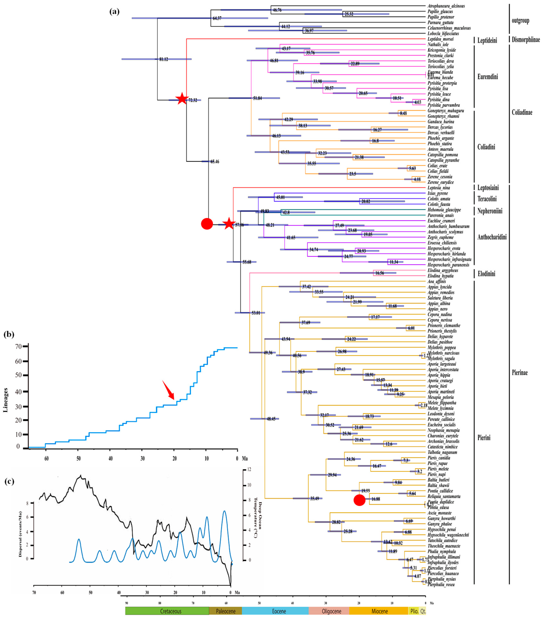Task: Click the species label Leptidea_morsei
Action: (440, 39)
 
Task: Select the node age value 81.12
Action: (164, 59)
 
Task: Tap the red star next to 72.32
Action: (181, 99)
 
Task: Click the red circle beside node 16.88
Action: (359, 500)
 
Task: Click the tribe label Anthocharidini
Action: (492, 237)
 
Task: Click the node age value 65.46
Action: (215, 162)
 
